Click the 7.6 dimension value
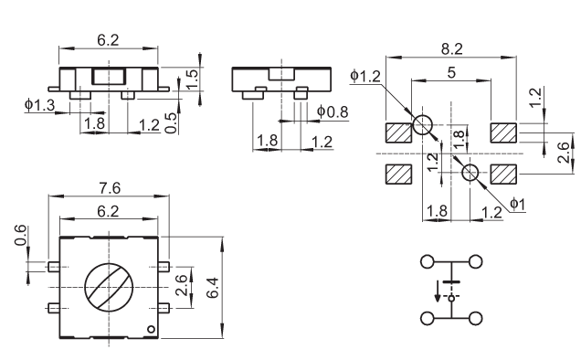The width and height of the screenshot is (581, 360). coord(110,188)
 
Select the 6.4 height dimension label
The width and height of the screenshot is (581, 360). coord(213,288)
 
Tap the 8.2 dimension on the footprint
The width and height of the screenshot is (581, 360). coord(451,49)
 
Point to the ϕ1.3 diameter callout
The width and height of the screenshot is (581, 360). coord(39,105)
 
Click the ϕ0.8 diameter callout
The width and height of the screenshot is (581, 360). coord(333,111)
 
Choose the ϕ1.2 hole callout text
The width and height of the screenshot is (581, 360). coord(365,76)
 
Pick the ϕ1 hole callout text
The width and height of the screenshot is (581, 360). coord(518,204)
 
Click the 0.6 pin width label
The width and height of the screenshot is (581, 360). coord(21,235)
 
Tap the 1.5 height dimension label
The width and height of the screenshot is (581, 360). coord(192,79)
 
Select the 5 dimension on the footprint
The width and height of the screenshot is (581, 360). coord(451,73)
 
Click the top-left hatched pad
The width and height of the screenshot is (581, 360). coord(398,132)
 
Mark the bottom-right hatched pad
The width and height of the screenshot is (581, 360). coord(503,174)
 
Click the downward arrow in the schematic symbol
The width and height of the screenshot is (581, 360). coord(438,291)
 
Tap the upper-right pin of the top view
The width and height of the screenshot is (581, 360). coord(164,267)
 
